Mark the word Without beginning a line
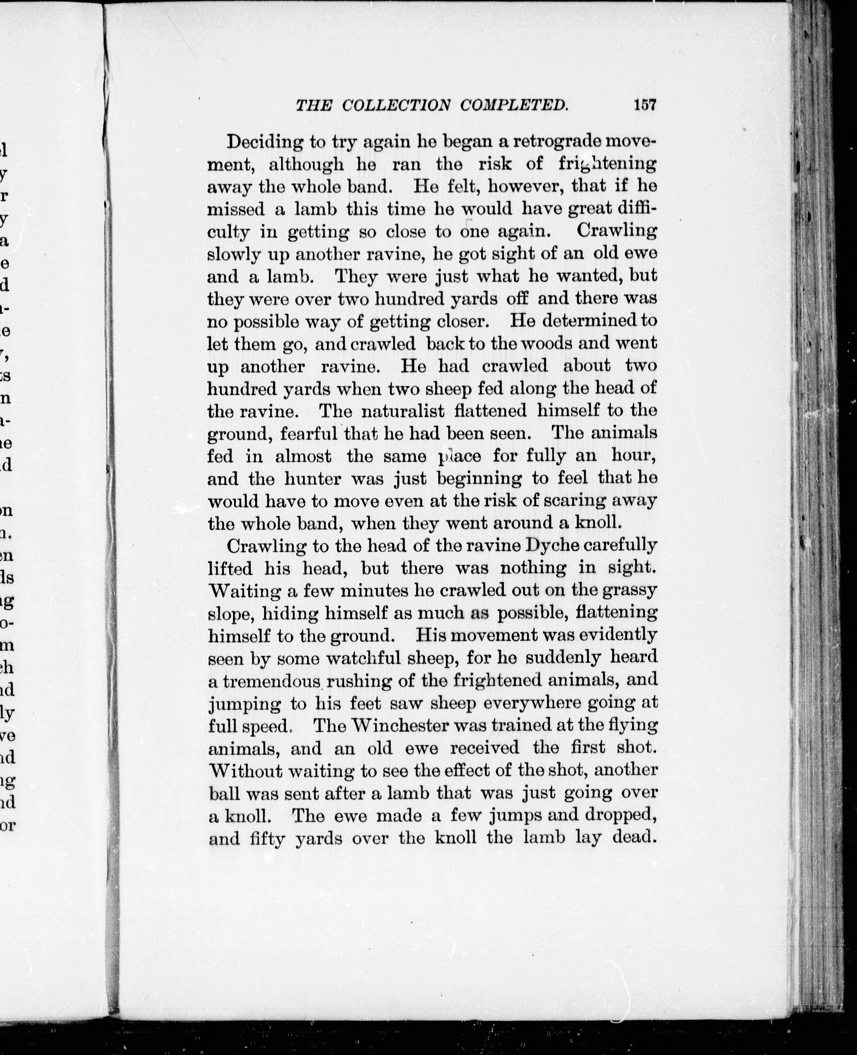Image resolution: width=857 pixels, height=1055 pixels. [x=245, y=770]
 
